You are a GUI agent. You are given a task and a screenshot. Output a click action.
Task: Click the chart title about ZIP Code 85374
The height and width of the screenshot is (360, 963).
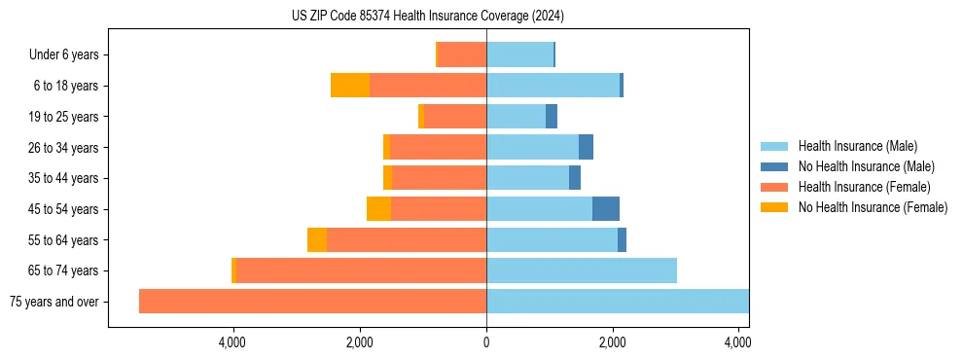(428, 17)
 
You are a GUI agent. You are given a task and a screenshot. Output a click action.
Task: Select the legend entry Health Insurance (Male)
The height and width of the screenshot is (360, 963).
(851, 146)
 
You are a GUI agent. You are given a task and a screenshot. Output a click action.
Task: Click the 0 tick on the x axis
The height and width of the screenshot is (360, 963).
(486, 342)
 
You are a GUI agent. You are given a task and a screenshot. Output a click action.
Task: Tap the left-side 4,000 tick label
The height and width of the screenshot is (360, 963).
(233, 342)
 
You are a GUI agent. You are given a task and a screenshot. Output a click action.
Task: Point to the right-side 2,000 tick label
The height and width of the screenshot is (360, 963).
(613, 342)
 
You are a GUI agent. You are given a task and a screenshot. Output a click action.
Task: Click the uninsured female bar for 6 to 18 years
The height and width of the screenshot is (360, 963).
(350, 86)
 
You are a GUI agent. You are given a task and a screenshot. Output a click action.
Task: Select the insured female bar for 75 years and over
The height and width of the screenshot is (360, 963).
(312, 302)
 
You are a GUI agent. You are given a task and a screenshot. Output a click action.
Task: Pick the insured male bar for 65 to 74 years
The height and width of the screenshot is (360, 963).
(582, 270)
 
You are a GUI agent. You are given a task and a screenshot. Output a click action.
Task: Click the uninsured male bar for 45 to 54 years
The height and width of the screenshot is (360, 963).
(606, 209)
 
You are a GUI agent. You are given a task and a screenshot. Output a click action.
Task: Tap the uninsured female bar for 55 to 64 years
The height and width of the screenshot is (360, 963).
(317, 240)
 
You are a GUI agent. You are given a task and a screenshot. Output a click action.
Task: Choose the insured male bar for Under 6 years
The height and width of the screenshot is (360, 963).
(519, 55)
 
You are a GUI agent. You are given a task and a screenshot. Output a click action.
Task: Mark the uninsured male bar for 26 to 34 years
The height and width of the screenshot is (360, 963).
(586, 147)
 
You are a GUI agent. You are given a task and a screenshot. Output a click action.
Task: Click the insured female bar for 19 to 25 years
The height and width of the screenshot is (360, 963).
(455, 117)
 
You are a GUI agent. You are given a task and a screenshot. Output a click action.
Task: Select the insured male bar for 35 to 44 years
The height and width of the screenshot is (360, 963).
(527, 178)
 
